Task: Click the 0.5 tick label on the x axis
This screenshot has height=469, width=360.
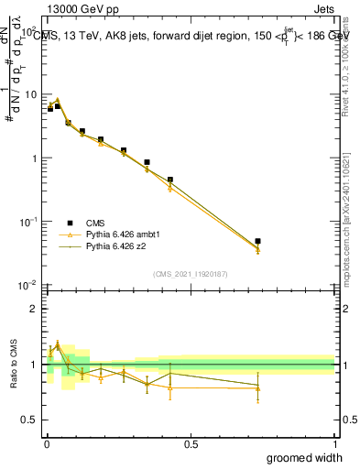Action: [191, 443]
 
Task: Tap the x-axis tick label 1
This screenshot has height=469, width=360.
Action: [335, 443]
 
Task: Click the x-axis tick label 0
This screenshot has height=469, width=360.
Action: [47, 443]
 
